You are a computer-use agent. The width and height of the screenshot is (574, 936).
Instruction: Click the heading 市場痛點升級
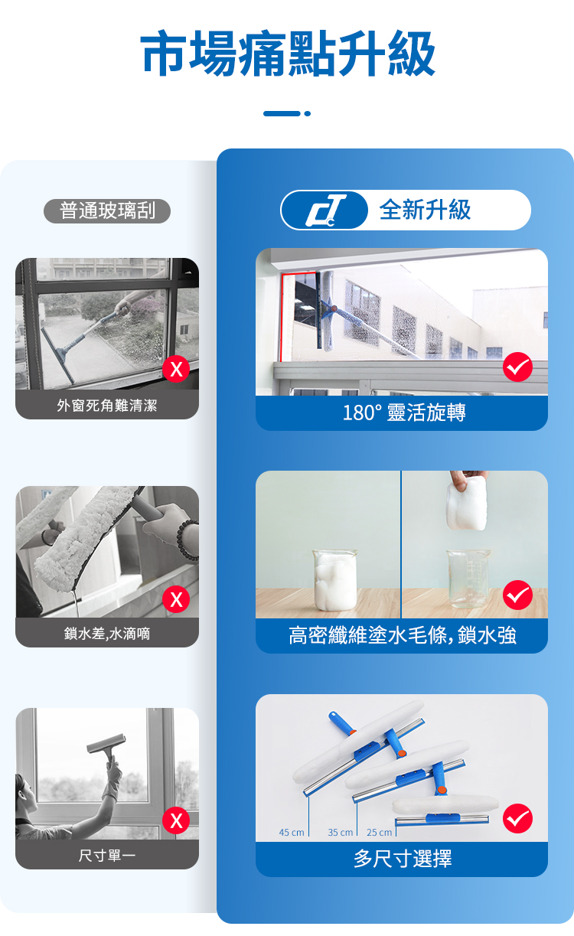pos(288,54)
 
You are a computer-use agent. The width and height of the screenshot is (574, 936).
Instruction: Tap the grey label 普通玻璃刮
pos(107,210)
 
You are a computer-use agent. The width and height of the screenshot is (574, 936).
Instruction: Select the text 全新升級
pos(425,210)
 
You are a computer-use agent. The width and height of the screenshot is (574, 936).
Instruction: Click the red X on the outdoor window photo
pos(176,369)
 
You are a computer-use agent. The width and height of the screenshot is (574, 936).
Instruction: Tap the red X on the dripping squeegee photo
pos(176,599)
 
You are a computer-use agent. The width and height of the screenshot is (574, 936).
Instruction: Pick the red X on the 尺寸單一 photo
pos(176,820)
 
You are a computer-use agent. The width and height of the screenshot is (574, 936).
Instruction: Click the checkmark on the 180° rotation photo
pos(517,367)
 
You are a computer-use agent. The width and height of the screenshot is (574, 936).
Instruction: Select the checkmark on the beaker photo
pos(517,595)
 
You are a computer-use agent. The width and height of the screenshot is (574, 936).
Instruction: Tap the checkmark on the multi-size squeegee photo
pos(517,818)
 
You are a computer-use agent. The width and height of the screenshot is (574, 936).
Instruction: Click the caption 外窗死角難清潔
pos(107,406)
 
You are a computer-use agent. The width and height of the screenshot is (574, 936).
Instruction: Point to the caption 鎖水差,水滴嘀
pos(107,634)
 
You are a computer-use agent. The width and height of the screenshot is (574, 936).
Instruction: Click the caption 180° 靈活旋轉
pos(404,413)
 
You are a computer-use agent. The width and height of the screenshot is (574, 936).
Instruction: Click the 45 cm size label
pos(292,833)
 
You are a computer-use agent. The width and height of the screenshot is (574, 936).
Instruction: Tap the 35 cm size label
pos(341,833)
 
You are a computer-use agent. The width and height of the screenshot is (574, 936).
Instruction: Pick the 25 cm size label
pos(380,833)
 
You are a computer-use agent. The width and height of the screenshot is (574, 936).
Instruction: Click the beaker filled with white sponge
pos(335,579)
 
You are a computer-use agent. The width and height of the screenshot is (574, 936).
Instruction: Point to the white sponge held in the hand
pos(467,504)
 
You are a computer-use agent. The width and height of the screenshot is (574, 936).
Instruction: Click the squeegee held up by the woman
pos(106,748)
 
